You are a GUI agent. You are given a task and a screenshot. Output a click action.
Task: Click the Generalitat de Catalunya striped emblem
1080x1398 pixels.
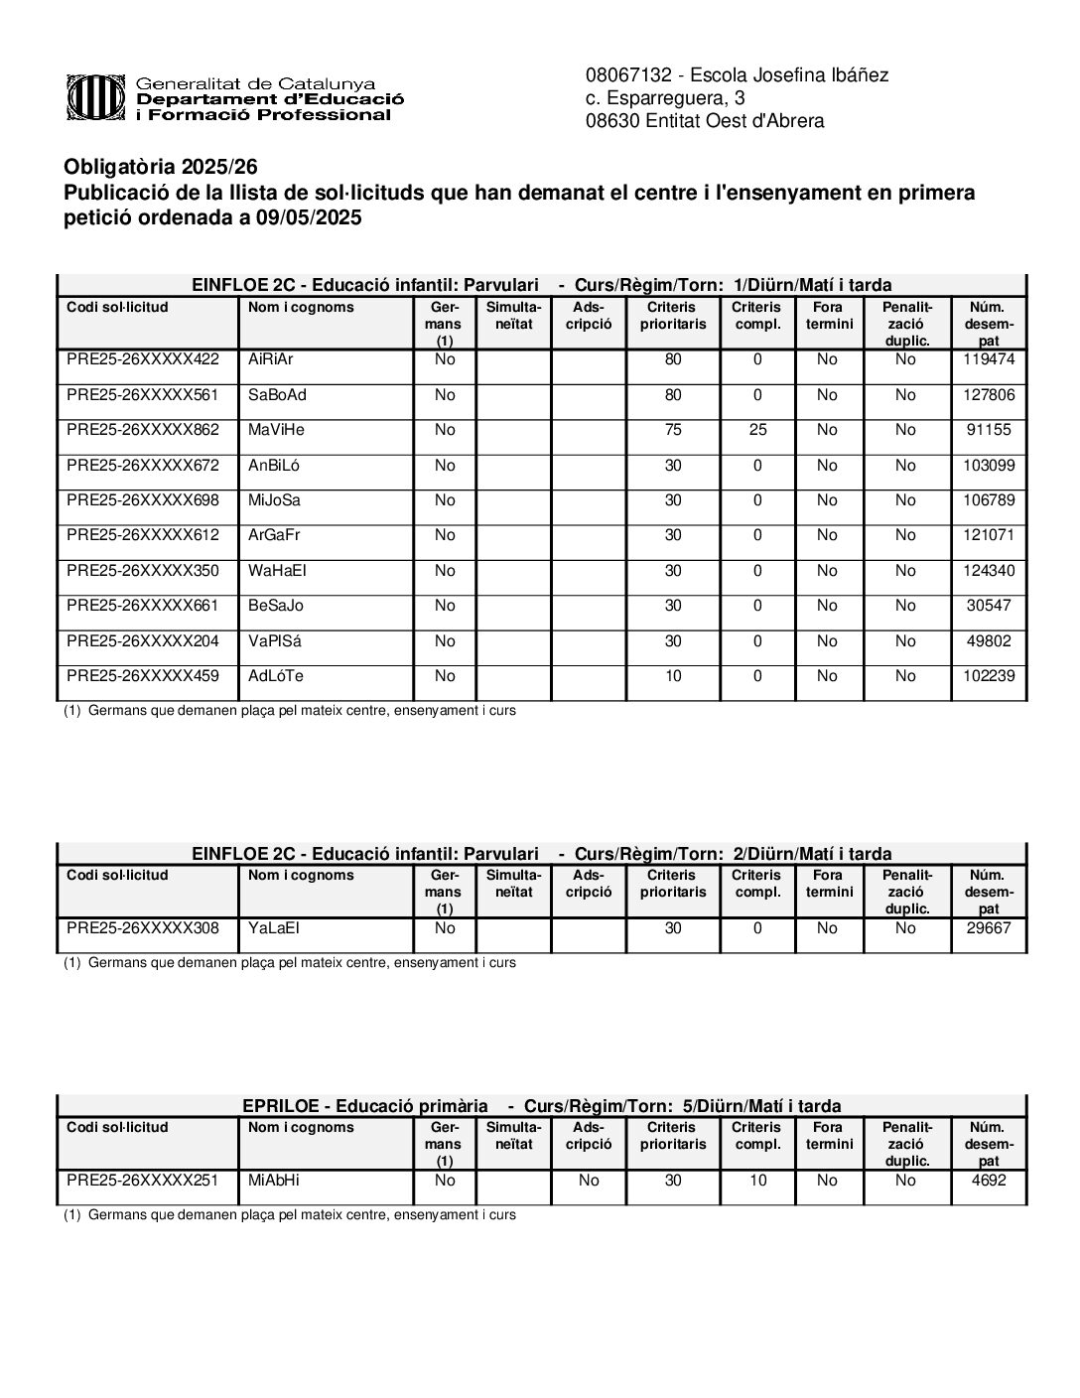tap(95, 98)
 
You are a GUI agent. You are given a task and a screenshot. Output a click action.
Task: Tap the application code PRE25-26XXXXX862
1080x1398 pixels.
tap(143, 430)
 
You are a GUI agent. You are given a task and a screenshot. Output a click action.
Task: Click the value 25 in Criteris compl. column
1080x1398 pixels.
tap(757, 430)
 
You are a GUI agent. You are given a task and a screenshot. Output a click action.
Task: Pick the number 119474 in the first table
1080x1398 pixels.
tap(989, 359)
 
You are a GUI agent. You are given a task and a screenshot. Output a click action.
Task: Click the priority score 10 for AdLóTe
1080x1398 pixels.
tap(673, 676)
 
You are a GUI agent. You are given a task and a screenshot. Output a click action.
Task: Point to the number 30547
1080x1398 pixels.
tap(989, 606)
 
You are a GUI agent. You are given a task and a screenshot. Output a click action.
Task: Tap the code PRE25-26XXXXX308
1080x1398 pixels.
tap(143, 928)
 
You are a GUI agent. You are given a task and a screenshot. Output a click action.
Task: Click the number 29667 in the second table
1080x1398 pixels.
tap(989, 928)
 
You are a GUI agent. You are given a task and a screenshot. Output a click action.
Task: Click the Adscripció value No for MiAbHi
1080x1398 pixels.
tap(589, 1181)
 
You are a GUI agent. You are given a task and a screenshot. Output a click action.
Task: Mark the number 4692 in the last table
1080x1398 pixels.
tap(989, 1181)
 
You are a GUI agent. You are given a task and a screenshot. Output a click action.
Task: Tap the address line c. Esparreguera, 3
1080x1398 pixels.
tap(665, 98)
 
